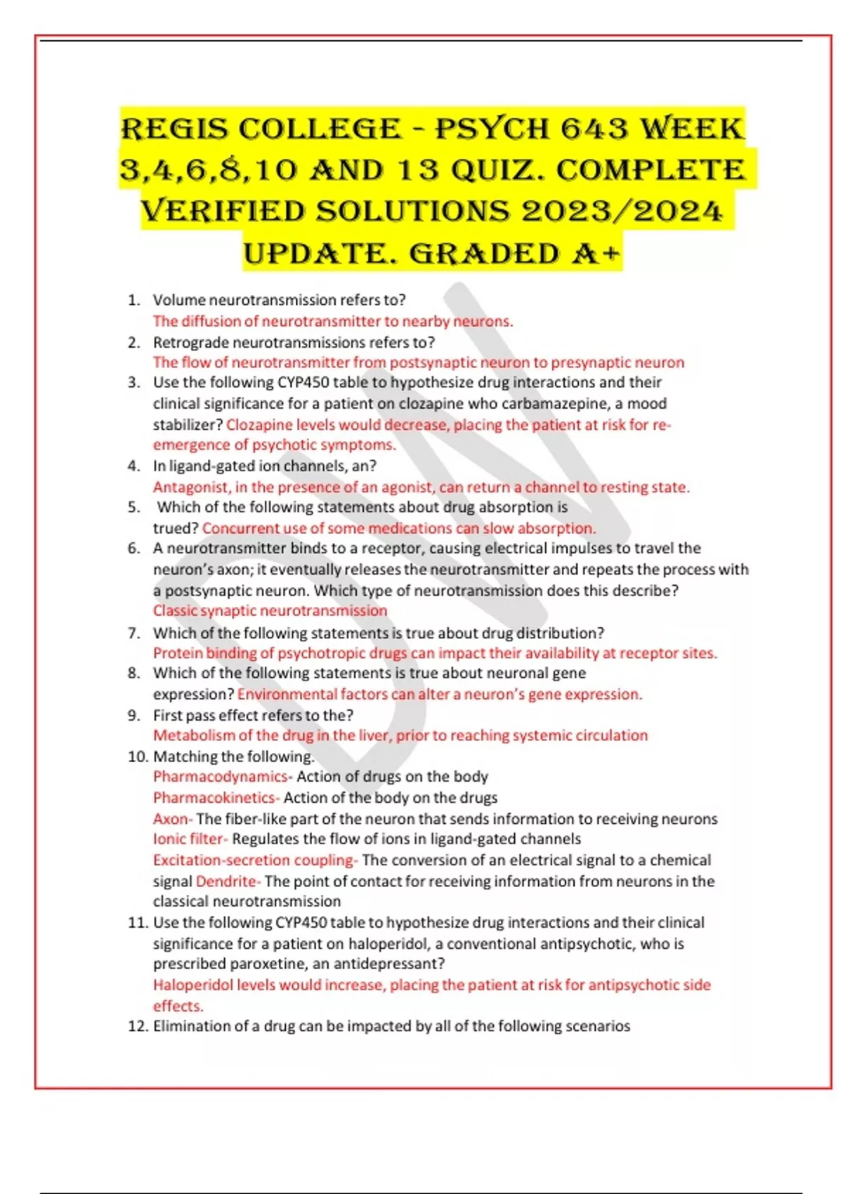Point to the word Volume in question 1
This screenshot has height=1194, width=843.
[x=179, y=301]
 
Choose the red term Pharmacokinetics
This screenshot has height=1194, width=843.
[x=214, y=798]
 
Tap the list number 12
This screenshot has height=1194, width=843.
[x=137, y=1026]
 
